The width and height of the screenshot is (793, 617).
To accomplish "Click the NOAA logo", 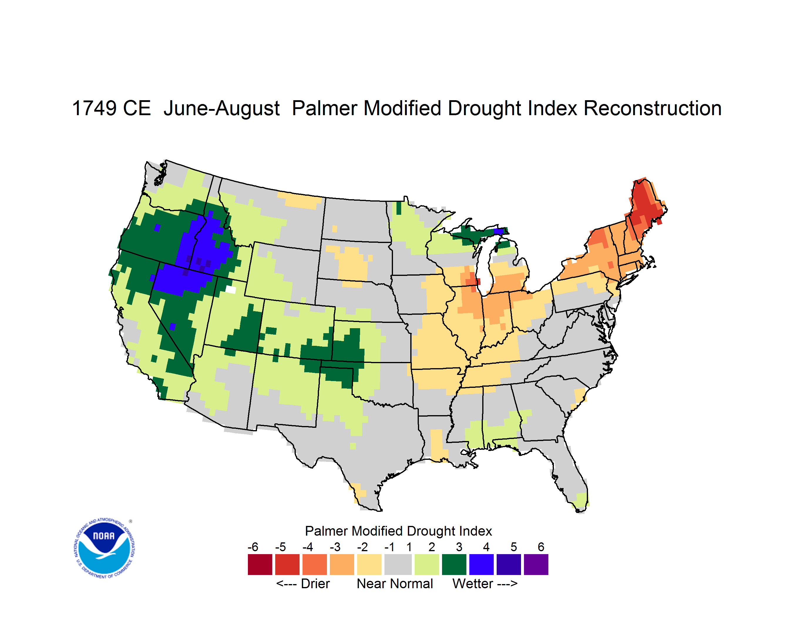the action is tap(104, 548).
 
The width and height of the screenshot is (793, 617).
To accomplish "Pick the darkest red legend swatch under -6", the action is tap(260, 564).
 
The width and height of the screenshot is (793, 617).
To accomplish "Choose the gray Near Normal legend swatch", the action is tap(398, 564).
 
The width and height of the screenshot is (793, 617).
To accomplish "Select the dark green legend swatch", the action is tap(454, 564).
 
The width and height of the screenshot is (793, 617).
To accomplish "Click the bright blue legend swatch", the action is tap(481, 564).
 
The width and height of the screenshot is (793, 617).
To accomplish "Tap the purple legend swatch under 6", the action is tap(536, 564).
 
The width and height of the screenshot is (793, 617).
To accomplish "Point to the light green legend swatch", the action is tap(427, 564).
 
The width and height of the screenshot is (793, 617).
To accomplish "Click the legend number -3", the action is tap(335, 547).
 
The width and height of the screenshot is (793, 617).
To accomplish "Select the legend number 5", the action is tap(514, 547).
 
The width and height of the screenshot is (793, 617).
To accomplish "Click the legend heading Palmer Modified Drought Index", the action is tap(398, 531).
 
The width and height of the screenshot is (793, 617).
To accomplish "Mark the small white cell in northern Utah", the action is tap(231, 289).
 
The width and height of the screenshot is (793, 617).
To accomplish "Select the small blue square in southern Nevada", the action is tap(173, 326).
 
